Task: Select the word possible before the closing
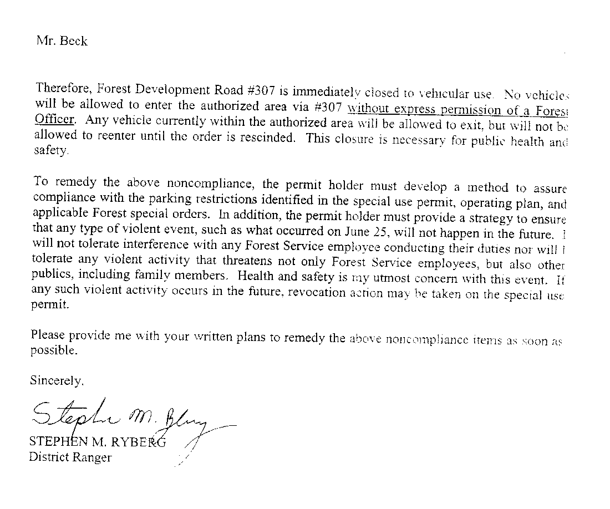coord(53,351)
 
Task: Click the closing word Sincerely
coord(57,381)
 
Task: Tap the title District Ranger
coord(70,457)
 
